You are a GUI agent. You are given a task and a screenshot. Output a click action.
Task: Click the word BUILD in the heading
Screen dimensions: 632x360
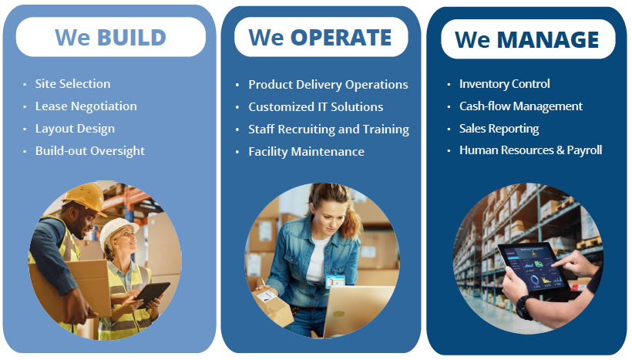point(131,38)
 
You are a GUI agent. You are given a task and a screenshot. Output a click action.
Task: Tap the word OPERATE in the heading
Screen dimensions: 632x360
point(341,38)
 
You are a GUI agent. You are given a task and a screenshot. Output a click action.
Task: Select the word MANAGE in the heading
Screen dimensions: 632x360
point(548,39)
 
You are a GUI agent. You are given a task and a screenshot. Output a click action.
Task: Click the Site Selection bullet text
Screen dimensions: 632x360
point(72,84)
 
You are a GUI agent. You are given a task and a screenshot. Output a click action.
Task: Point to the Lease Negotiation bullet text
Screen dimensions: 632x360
point(86,106)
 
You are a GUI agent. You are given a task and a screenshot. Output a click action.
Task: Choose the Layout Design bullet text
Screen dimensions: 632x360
point(75,129)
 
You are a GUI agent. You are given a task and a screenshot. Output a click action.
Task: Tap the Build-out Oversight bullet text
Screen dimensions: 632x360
point(90,151)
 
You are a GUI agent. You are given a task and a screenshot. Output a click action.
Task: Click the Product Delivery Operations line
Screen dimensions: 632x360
point(328,85)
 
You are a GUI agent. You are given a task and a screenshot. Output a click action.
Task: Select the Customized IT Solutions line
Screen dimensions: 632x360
point(315,107)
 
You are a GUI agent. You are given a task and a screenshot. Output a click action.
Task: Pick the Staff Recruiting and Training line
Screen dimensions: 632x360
point(328,130)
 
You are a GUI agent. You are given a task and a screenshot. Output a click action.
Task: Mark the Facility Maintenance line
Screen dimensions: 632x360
point(306,152)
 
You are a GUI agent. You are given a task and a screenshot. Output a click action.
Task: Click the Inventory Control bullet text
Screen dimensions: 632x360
point(505,84)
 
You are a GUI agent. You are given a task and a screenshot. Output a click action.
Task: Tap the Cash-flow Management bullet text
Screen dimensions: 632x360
point(521,106)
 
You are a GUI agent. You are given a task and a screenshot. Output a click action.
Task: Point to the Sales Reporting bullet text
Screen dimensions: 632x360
point(499,129)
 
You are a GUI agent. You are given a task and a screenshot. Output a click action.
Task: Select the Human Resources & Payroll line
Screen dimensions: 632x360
point(530,150)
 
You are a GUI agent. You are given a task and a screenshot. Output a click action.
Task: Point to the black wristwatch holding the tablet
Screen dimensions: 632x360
point(523,307)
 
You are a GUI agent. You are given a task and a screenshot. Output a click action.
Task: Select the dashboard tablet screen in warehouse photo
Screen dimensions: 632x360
point(533,267)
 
